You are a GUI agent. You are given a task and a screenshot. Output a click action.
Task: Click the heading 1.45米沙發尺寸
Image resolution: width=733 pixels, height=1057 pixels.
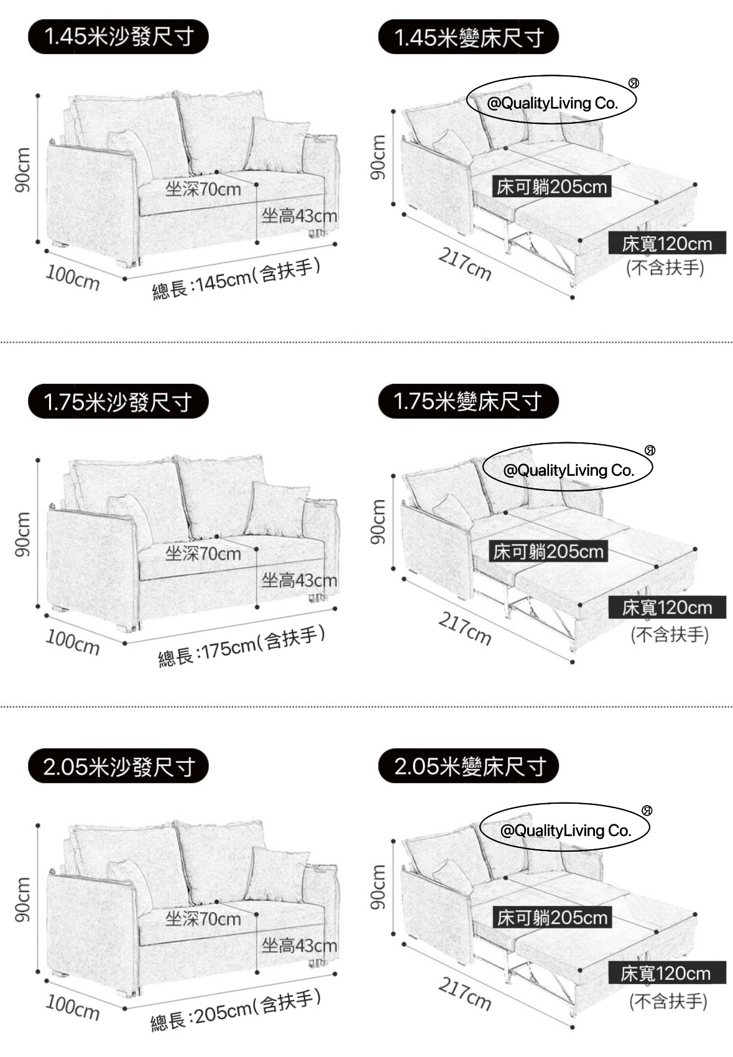(118, 37)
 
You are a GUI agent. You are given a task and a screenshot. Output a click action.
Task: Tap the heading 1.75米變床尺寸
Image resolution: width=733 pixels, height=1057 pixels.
(468, 401)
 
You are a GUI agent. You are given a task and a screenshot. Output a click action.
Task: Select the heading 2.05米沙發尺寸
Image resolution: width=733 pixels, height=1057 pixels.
(118, 766)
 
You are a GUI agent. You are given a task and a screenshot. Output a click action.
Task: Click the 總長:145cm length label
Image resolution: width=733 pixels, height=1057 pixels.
(237, 278)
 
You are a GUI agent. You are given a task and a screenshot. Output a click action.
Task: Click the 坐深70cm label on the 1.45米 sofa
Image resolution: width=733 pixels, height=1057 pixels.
(203, 189)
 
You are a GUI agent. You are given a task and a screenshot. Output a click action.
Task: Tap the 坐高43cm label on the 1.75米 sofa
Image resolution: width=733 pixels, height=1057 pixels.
(299, 581)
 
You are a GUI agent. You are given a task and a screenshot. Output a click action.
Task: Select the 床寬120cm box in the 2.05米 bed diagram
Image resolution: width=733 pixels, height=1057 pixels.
(666, 973)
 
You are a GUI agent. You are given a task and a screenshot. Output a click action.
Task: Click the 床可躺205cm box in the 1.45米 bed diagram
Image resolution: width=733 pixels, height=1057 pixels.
(551, 187)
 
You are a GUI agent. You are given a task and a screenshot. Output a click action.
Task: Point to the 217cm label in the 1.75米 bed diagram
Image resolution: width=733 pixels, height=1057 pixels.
(465, 628)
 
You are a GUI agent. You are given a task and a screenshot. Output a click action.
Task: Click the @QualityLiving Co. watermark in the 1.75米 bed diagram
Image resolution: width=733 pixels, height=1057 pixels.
(569, 470)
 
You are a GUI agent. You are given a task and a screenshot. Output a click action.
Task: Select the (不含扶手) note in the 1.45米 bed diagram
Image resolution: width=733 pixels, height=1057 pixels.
(665, 268)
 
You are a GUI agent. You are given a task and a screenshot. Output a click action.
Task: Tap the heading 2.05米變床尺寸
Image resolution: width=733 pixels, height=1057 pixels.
(468, 766)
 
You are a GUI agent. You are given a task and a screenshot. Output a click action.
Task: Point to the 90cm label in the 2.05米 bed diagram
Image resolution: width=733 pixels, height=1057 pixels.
(377, 888)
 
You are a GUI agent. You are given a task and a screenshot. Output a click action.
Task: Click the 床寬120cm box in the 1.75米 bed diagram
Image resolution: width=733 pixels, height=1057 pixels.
(666, 607)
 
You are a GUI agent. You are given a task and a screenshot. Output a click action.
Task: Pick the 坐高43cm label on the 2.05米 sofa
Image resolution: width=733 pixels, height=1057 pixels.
(299, 946)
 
